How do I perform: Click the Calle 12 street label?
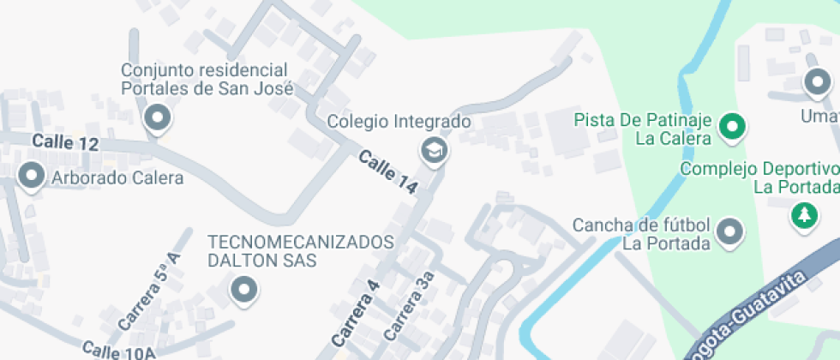(x=66, y=142)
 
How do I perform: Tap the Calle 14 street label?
(x=387, y=171)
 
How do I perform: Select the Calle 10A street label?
(x=118, y=350)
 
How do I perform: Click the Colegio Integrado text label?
(x=399, y=122)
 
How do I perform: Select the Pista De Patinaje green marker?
(x=732, y=128)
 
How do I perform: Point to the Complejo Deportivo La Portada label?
(x=759, y=177)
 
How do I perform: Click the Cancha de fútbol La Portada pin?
(x=729, y=231)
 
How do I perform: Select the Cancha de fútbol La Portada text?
(x=641, y=233)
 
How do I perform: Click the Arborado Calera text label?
(x=118, y=178)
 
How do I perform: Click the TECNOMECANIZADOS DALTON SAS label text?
(x=300, y=250)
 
